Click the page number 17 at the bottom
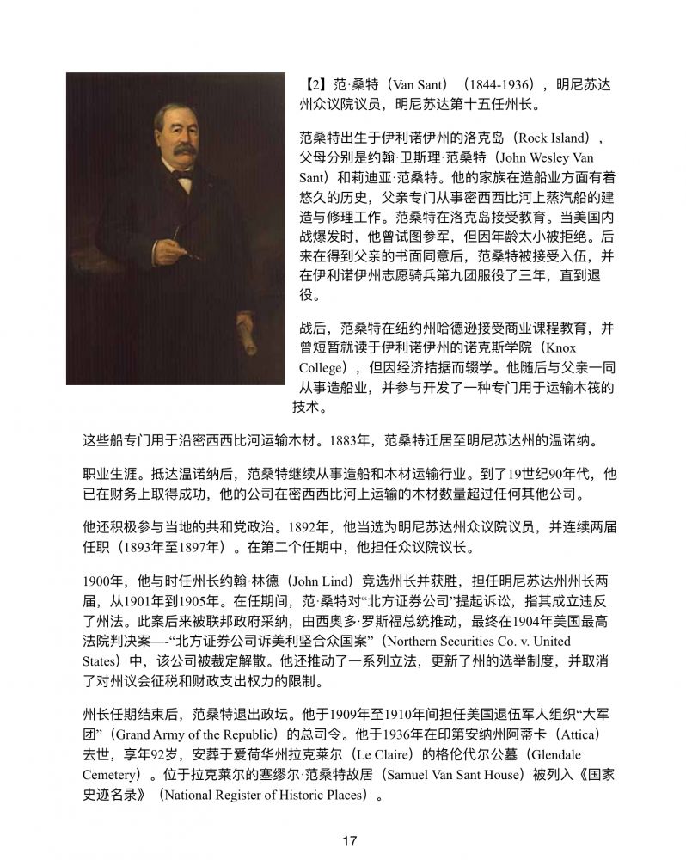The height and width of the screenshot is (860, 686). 348,840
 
